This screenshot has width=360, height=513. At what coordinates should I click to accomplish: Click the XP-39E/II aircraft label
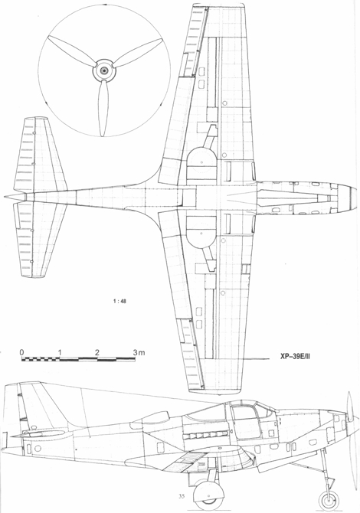[295, 357]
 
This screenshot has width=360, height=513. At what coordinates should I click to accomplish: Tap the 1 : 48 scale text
[119, 302]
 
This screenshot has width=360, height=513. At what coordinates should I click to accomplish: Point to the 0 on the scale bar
[21, 352]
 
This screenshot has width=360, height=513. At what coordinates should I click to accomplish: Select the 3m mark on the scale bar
[139, 353]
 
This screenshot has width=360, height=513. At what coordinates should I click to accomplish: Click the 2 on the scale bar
[97, 352]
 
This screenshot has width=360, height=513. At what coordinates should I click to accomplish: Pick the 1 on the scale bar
[60, 352]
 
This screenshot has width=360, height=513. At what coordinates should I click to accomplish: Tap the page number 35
[182, 496]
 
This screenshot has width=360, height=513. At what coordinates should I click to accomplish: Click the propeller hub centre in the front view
[104, 70]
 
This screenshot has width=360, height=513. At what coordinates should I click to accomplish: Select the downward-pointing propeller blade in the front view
[103, 108]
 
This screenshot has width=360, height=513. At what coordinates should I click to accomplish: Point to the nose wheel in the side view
[329, 500]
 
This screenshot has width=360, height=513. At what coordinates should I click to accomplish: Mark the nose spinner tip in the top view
[357, 198]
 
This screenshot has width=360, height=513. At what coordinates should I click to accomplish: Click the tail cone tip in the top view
[5, 197]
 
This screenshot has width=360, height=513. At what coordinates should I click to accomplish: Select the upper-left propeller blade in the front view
[72, 51]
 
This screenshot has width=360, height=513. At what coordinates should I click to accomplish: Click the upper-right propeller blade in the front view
[138, 53]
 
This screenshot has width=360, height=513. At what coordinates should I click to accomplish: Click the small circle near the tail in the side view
[38, 448]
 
